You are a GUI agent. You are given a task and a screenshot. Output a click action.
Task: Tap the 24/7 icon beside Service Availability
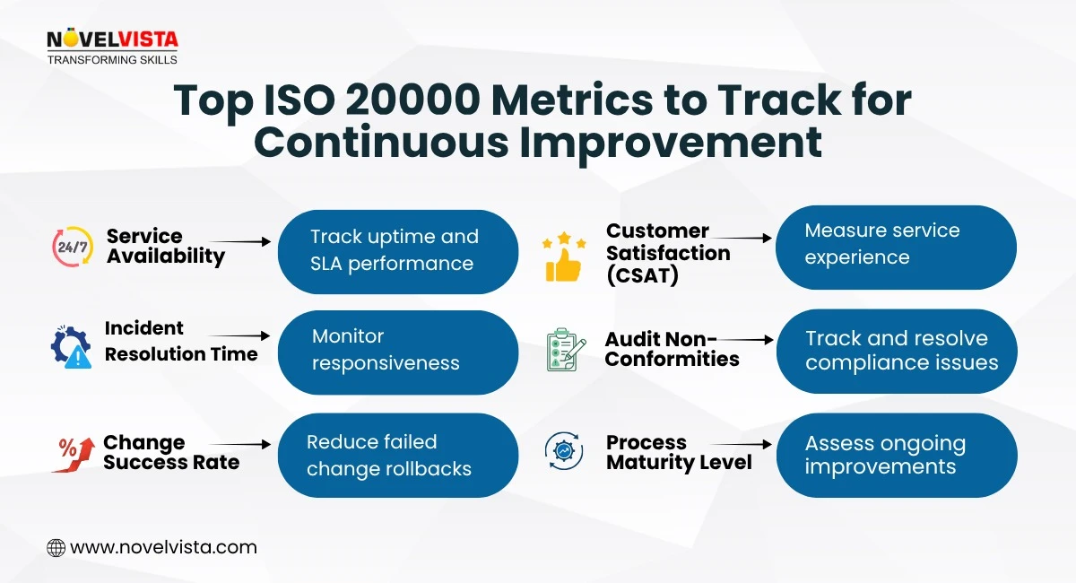[x=73, y=247]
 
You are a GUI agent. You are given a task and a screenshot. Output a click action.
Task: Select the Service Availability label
[x=165, y=247]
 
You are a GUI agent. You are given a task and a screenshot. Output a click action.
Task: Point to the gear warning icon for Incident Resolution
[x=72, y=347]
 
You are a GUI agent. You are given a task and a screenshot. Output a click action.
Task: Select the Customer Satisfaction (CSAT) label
[x=667, y=254]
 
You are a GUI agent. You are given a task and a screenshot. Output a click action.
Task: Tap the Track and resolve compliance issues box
[x=896, y=351]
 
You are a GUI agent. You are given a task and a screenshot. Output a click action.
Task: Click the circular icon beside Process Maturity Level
[x=564, y=451]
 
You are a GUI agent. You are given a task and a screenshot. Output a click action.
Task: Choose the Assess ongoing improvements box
[x=896, y=455]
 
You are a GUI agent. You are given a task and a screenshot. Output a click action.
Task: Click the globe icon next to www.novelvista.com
[x=56, y=547]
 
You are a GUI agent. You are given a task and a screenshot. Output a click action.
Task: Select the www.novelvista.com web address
[x=163, y=547]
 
